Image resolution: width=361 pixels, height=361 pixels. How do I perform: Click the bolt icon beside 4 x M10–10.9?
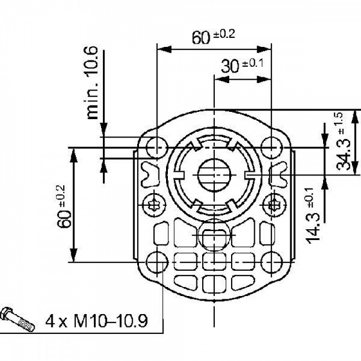(x=18, y=319)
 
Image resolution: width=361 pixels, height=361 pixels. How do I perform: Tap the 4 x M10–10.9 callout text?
(x=96, y=321)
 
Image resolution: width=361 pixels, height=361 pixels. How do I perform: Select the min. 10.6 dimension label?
(x=93, y=82)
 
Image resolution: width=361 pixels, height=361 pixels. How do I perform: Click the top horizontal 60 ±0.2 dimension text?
(x=214, y=37)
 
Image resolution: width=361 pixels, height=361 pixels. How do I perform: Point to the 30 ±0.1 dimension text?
(x=242, y=66)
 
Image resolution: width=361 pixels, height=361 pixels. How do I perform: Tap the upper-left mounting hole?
(x=157, y=147)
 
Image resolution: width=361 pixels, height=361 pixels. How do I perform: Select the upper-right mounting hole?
(x=272, y=147)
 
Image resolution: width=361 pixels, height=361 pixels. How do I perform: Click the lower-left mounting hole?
(x=157, y=262)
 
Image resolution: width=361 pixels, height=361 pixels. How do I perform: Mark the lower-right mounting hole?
(x=272, y=262)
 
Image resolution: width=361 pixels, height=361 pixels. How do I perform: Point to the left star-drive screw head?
(x=154, y=204)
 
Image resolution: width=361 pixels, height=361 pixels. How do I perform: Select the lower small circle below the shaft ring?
(x=214, y=235)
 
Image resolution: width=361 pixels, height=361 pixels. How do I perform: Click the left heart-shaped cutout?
(x=150, y=174)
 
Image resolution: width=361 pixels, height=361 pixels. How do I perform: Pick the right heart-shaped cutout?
(x=279, y=174)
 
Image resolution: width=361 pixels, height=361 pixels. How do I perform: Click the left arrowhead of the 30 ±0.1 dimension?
(x=221, y=79)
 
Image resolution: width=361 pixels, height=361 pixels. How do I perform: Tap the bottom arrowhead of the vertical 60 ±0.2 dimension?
(x=73, y=255)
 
